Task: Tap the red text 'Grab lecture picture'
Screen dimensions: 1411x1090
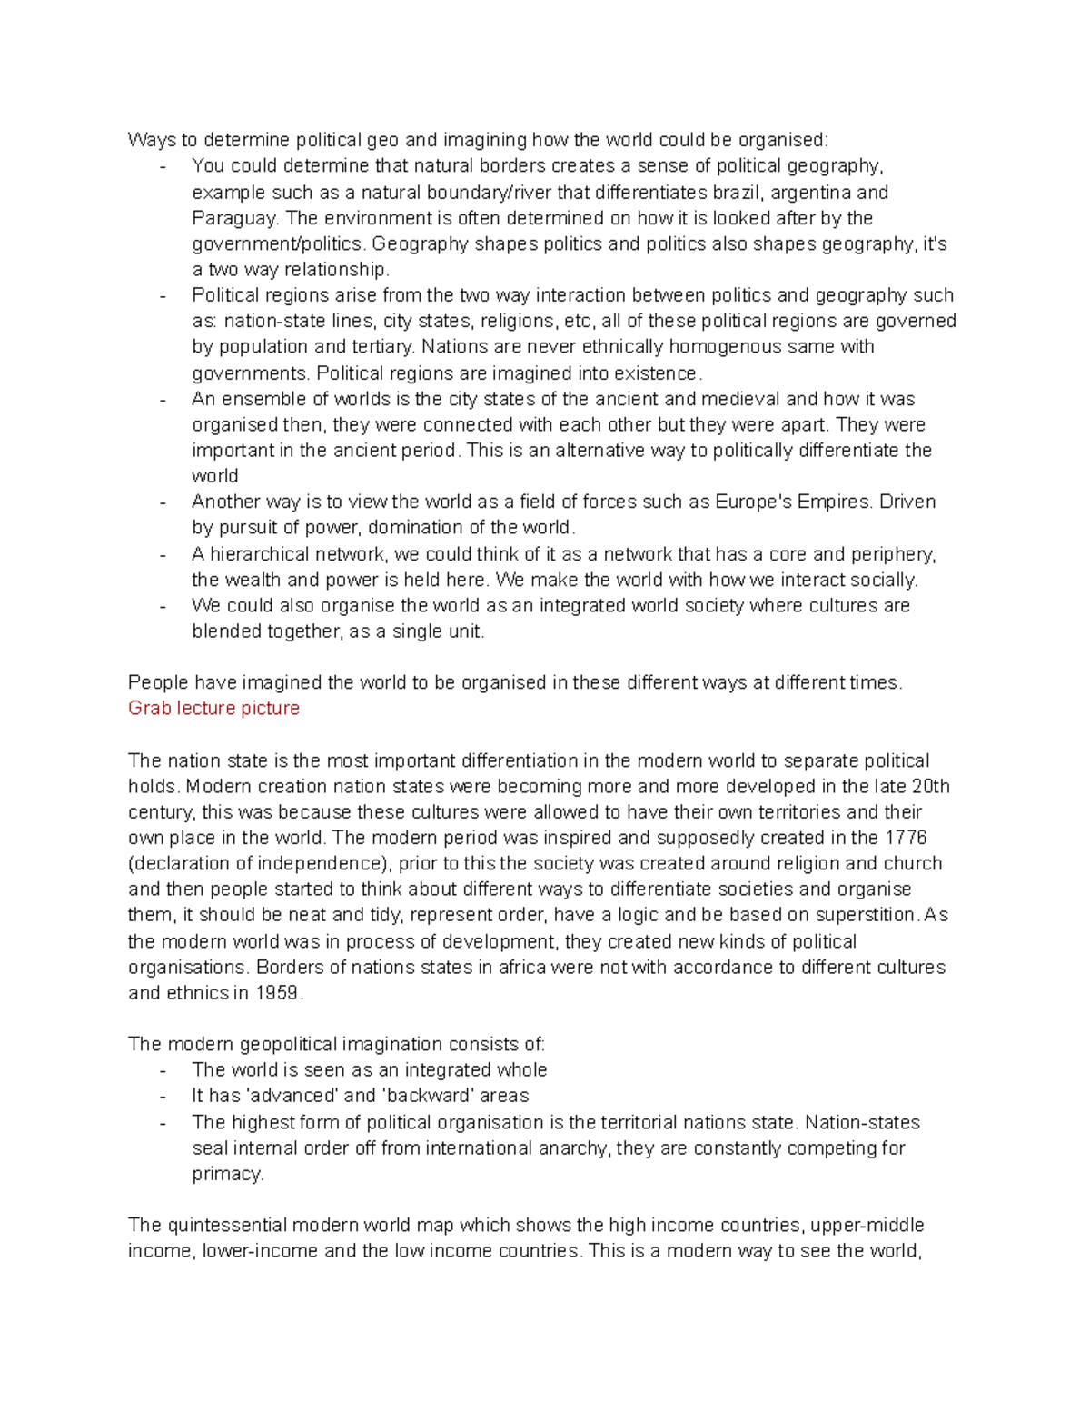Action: tap(213, 708)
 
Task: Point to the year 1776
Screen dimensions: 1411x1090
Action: tap(907, 838)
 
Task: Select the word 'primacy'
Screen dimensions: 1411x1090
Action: tap(227, 1174)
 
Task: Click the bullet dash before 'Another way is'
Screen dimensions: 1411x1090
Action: tap(163, 502)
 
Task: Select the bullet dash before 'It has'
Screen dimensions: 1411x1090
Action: tap(163, 1097)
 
